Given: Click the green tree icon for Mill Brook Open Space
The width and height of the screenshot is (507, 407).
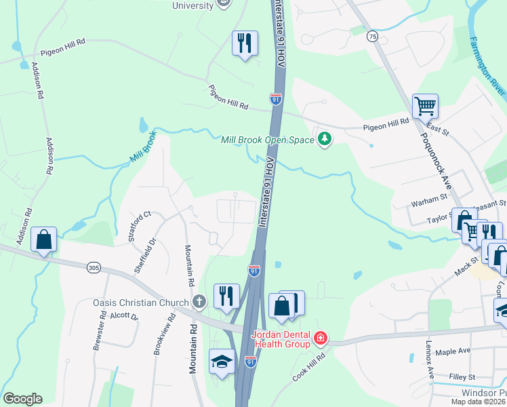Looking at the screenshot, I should click(325, 139).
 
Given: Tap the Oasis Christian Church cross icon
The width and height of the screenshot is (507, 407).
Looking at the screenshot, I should click(199, 301).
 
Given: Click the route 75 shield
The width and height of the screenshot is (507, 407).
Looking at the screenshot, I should click(372, 35).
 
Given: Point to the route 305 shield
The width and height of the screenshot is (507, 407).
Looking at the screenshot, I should click(94, 269).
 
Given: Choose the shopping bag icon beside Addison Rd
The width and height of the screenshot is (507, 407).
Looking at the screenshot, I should click(44, 239).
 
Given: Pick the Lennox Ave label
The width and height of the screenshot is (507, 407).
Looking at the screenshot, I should click(429, 360).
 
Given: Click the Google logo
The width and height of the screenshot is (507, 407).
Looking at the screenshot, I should click(22, 399).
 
